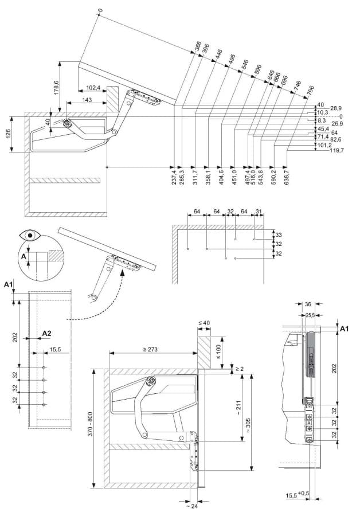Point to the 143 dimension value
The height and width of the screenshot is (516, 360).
[87, 100]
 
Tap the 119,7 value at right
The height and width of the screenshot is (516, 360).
[334, 150]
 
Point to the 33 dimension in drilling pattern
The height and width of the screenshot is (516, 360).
[279, 235]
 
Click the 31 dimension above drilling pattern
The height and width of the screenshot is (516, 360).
[259, 213]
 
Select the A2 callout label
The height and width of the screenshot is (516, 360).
[47, 333]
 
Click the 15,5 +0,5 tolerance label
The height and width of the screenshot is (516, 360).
[298, 494]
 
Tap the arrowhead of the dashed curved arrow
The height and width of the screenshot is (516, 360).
[122, 273]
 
